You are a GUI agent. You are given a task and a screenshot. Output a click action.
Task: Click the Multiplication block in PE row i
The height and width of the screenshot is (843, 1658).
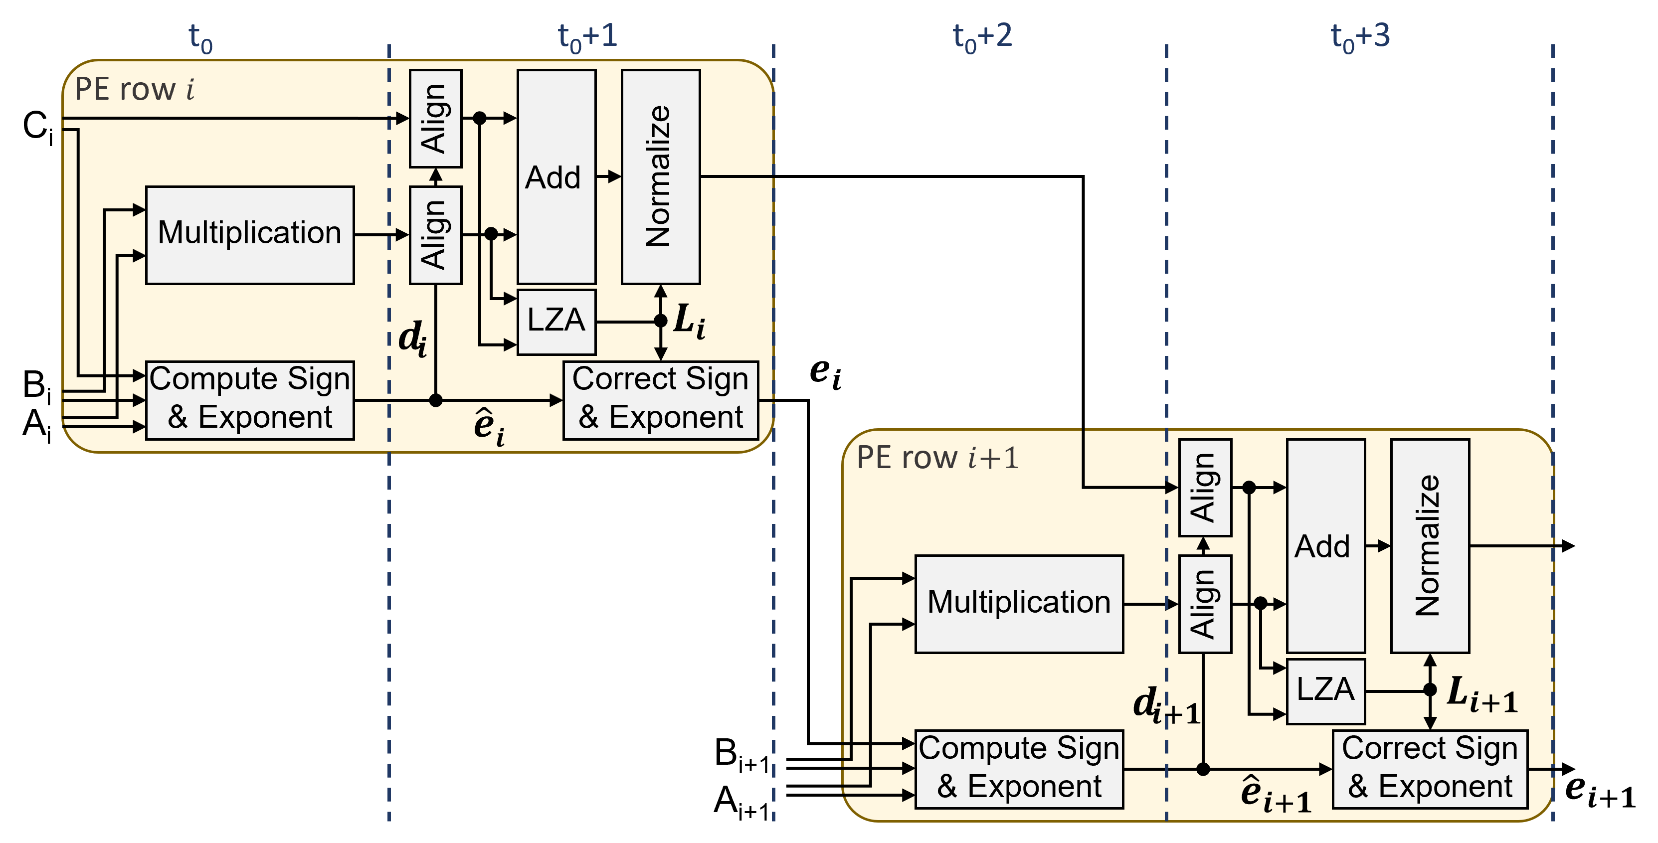pyautogui.click(x=250, y=235)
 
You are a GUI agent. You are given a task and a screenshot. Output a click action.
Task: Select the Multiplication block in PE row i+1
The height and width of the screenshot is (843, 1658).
pyautogui.click(x=1019, y=604)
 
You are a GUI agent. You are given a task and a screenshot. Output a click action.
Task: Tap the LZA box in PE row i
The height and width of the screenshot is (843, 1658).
pyautogui.click(x=556, y=321)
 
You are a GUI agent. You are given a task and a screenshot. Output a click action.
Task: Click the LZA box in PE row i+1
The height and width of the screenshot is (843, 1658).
pyautogui.click(x=1325, y=690)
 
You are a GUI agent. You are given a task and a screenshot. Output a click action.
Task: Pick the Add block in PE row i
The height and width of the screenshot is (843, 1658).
pyautogui.click(x=556, y=177)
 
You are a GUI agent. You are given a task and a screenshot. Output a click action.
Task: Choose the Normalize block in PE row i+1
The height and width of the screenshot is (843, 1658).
pyautogui.click(x=1430, y=546)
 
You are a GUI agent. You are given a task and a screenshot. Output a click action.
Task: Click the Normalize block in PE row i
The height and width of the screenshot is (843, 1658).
pyautogui.click(x=660, y=177)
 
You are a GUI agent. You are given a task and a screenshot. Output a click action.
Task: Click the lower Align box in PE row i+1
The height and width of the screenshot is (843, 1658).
pyautogui.click(x=1204, y=604)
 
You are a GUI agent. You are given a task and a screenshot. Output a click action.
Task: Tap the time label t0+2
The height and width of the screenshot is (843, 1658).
pyautogui.click(x=982, y=37)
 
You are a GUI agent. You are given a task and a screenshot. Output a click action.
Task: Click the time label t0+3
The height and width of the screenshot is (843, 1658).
pyautogui.click(x=1360, y=37)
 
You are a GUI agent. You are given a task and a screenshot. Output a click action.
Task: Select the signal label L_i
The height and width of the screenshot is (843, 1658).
pyautogui.click(x=689, y=321)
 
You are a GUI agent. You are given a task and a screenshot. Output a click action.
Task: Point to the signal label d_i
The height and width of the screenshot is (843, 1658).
pyautogui.click(x=412, y=338)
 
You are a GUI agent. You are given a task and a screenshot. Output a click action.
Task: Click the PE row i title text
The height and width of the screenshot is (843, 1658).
pyautogui.click(x=134, y=89)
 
